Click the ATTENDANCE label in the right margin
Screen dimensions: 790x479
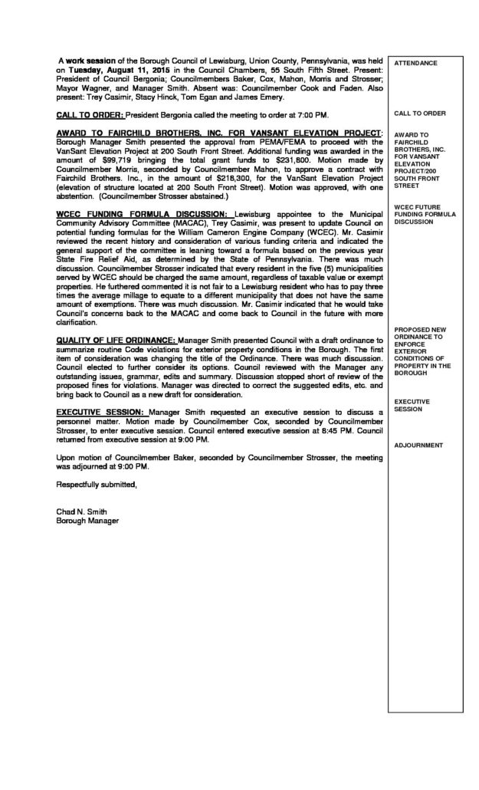click(417, 62)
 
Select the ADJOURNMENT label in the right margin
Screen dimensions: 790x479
click(418, 445)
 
